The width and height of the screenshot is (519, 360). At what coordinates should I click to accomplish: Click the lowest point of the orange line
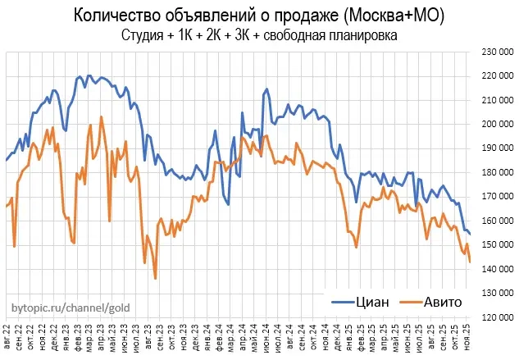point(155,279)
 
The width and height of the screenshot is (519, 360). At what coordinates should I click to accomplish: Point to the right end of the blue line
point(470,235)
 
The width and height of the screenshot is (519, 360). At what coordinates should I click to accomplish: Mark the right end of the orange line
point(470,262)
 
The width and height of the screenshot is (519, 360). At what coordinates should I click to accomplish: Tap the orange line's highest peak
point(101,116)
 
